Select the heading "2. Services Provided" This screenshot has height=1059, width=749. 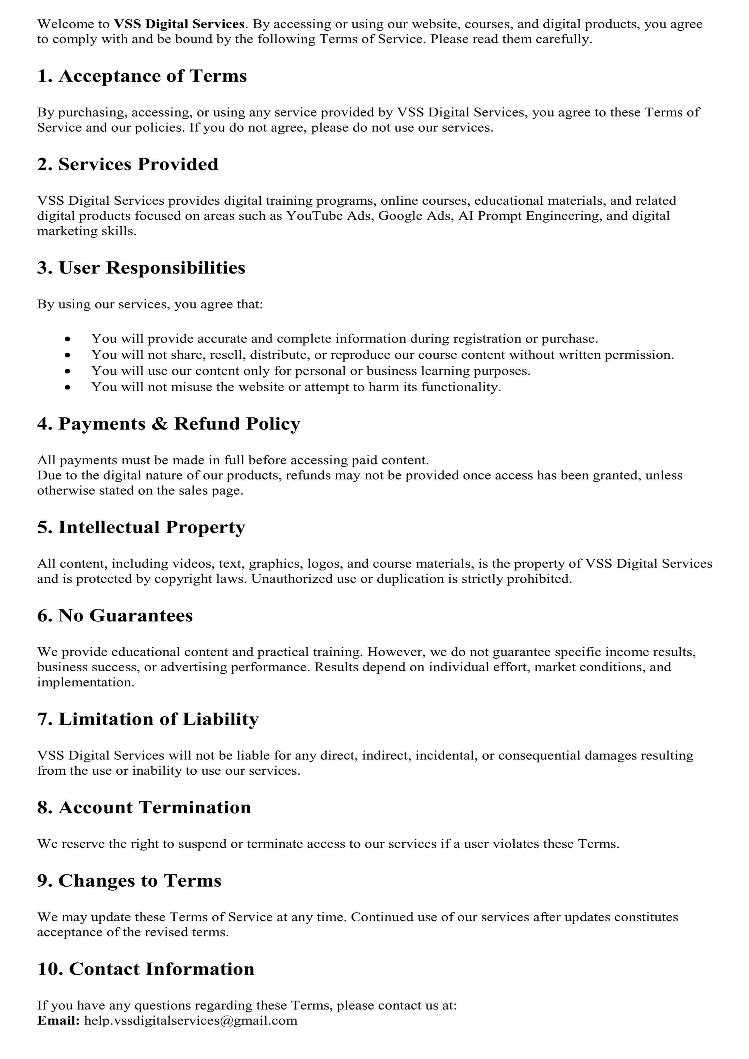coord(127,164)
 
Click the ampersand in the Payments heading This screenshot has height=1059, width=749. coord(159,424)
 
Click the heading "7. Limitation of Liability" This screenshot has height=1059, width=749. coord(148,719)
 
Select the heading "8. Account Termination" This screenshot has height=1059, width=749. coord(144,807)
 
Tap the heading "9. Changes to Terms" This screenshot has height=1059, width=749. coord(129,881)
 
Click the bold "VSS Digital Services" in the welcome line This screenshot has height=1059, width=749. coord(179,24)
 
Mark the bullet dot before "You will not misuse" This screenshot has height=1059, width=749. coord(68,387)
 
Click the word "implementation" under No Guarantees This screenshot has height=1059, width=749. coord(85,682)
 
